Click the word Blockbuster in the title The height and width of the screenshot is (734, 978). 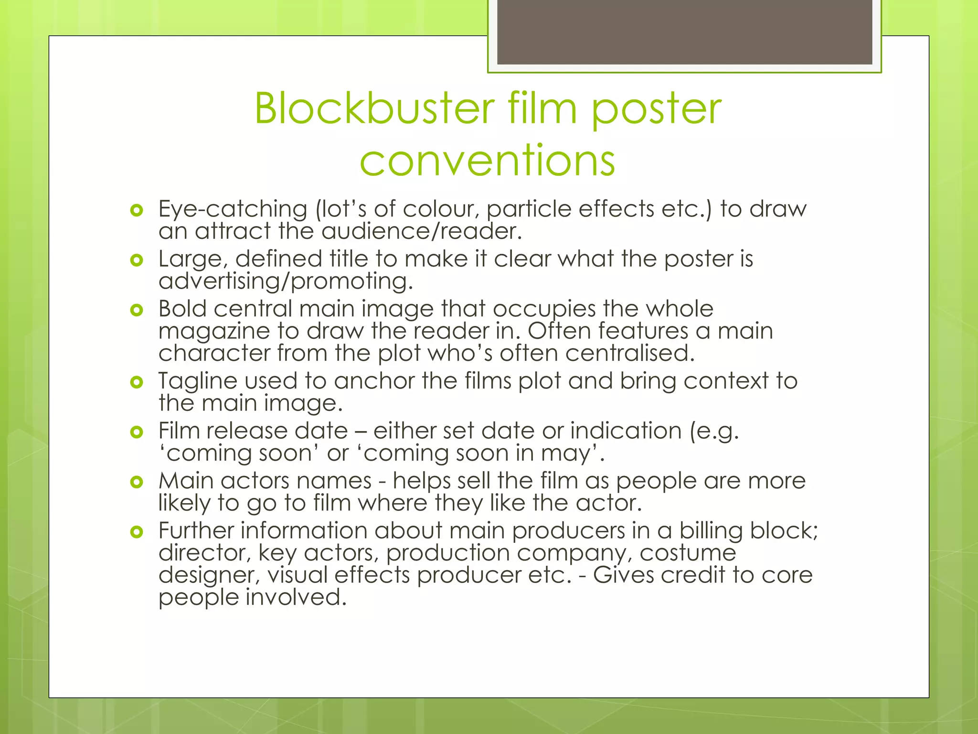pyautogui.click(x=374, y=109)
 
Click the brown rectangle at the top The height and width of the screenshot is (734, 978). pyautogui.click(x=684, y=32)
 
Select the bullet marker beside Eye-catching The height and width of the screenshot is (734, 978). pyautogui.click(x=137, y=210)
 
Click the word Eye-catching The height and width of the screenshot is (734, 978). pyautogui.click(x=233, y=209)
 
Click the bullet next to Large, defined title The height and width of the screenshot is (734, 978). pyautogui.click(x=137, y=260)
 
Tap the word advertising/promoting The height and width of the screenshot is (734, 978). pyautogui.click(x=285, y=281)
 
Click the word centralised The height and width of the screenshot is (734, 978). pyautogui.click(x=629, y=354)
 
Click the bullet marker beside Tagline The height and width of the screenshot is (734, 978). pyautogui.click(x=137, y=382)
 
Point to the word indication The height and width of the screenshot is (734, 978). pyautogui.click(x=626, y=431)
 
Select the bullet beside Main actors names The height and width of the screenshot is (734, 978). pyautogui.click(x=137, y=482)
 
